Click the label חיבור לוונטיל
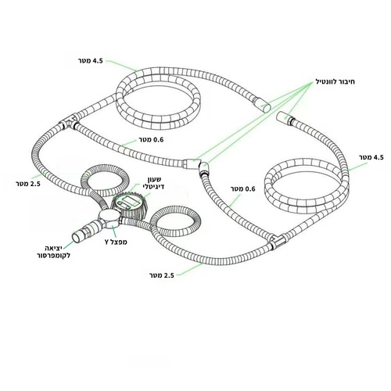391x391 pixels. (x=335, y=82)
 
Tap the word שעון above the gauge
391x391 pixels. (x=155, y=179)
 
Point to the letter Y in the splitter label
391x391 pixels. (x=107, y=242)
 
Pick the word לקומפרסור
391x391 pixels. (x=54, y=256)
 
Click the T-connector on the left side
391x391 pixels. (x=68, y=122)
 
